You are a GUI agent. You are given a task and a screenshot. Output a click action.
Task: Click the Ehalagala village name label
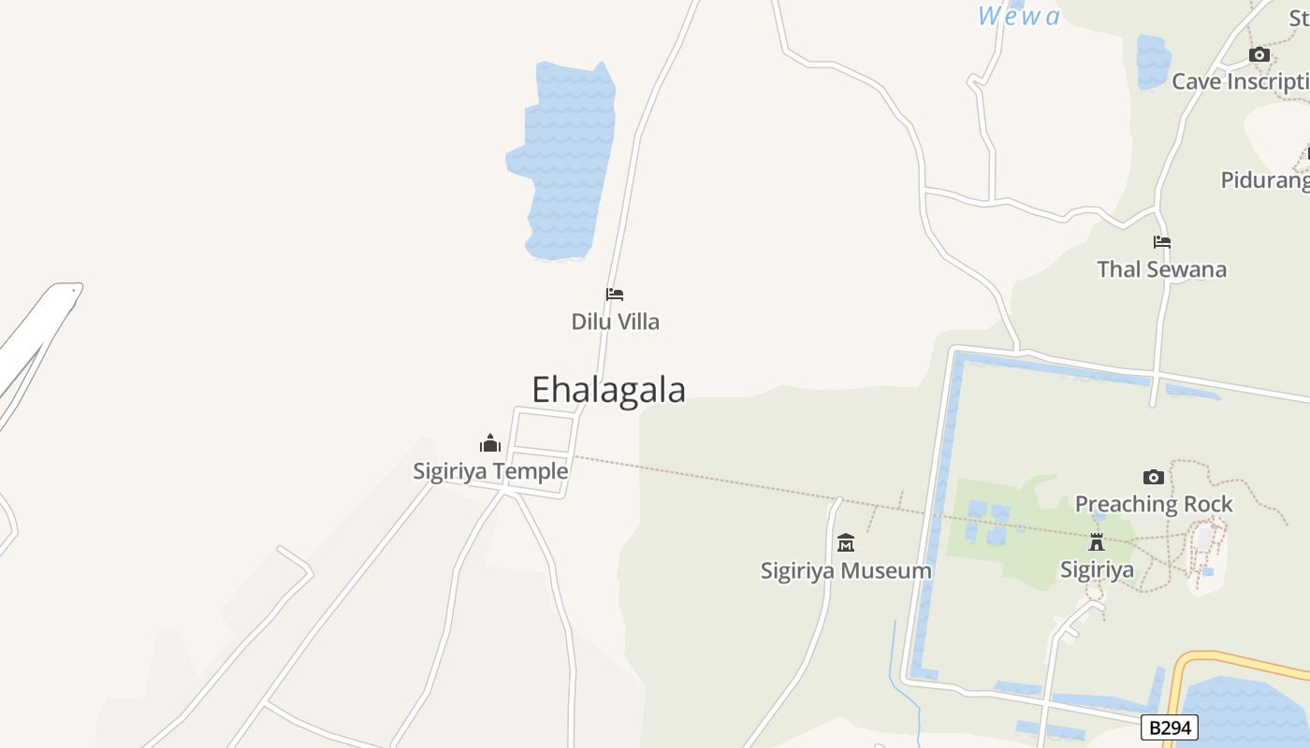tap(608, 390)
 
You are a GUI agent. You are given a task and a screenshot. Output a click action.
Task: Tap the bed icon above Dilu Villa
tap(615, 295)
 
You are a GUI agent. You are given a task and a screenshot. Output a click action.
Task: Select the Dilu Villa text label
tap(615, 322)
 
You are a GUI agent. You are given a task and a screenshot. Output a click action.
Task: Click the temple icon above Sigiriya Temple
tap(490, 443)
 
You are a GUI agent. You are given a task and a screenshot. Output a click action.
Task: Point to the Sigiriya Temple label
tap(490, 471)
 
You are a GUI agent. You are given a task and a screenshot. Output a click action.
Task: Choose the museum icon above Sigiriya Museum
tap(846, 542)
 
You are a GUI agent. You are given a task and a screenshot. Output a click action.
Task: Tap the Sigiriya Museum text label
tap(846, 570)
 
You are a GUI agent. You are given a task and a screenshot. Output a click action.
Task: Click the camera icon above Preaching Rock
tap(1154, 477)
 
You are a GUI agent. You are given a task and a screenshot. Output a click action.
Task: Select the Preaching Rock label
tap(1154, 504)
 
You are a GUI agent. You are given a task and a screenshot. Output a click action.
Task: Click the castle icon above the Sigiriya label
tap(1097, 541)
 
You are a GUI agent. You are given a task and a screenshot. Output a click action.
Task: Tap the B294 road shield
tap(1169, 727)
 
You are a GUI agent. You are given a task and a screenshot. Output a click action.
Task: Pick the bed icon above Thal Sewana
tap(1162, 241)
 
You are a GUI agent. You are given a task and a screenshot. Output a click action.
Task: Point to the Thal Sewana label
tap(1161, 269)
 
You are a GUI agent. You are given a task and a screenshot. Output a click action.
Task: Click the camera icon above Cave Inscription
tap(1259, 54)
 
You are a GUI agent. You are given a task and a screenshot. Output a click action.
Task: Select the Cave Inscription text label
tap(1240, 81)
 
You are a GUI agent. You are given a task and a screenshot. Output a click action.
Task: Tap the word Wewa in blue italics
tap(1019, 16)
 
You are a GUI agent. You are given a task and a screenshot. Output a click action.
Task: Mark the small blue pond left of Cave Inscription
tap(1153, 61)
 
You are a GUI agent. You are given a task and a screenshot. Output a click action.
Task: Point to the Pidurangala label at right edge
tap(1264, 180)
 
